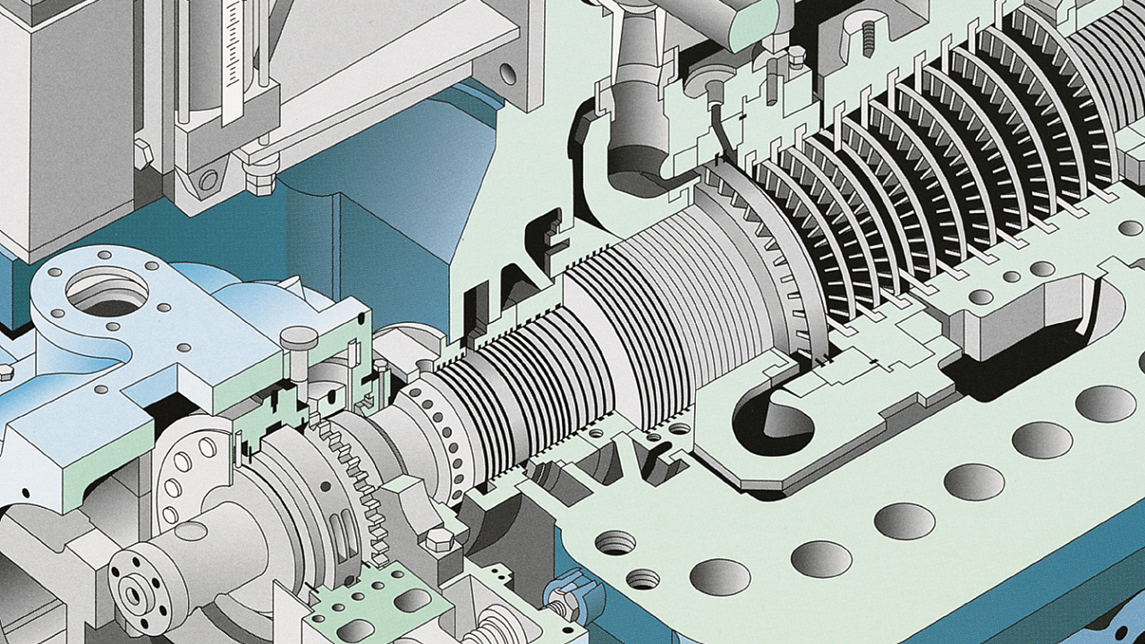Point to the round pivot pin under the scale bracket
click(x=208, y=179)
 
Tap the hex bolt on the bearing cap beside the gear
click(x=440, y=539)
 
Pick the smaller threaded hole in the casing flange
click(x=642, y=580)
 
